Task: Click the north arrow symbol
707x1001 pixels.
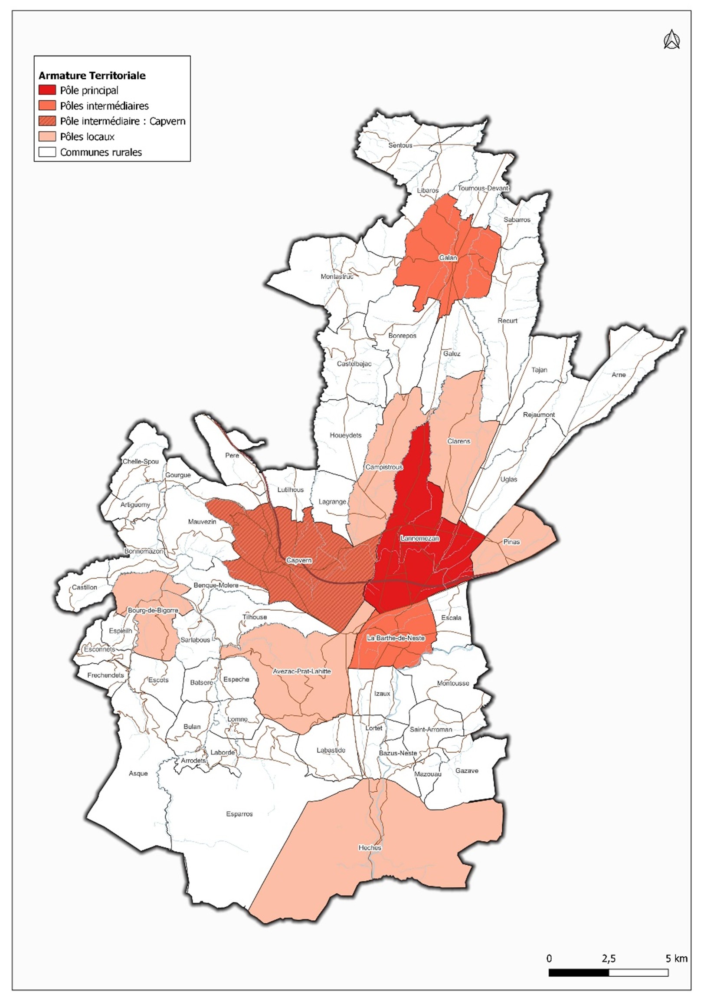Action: point(671,40)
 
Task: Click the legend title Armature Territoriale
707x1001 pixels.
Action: point(92,76)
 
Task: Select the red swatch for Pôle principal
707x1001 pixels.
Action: point(47,90)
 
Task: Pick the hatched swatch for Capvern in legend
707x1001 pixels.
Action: point(47,121)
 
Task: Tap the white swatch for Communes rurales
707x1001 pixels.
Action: point(47,152)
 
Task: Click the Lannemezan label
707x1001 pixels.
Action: point(420,538)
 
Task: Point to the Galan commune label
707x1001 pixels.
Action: point(448,258)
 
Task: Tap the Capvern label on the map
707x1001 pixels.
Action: point(299,560)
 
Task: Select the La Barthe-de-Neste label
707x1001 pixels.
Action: point(396,638)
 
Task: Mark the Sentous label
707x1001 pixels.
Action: point(400,145)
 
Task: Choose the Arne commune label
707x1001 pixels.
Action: point(619,375)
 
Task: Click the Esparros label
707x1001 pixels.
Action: point(239,814)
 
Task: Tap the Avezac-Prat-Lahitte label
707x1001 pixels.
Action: point(302,672)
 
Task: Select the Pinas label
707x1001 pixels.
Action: point(511,542)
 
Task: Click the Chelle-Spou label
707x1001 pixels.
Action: point(140,461)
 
